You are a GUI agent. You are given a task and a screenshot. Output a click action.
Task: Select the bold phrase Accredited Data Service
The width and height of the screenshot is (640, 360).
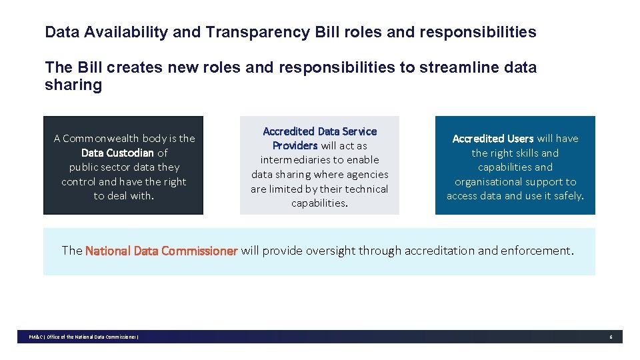pos(319,131)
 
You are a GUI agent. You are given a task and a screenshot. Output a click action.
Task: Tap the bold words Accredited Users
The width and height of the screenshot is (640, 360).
pos(493,139)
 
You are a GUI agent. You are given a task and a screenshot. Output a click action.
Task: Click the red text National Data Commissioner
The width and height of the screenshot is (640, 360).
pos(161,251)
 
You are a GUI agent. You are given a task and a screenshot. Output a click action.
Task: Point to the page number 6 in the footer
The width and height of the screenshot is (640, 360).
pos(610,337)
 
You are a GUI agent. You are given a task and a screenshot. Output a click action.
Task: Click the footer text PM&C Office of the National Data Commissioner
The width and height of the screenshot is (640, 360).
pos(83,337)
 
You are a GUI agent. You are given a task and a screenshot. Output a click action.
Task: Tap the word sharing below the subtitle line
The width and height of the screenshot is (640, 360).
pos(73,85)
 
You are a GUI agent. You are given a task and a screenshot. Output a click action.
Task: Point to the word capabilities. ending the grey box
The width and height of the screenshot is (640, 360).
pos(319,203)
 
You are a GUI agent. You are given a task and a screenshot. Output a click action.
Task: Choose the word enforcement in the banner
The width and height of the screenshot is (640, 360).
pos(537,251)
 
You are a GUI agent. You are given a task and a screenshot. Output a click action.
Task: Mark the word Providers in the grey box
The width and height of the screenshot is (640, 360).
pos(295,145)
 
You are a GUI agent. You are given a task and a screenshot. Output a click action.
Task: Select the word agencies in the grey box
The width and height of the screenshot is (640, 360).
pos(366,175)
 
